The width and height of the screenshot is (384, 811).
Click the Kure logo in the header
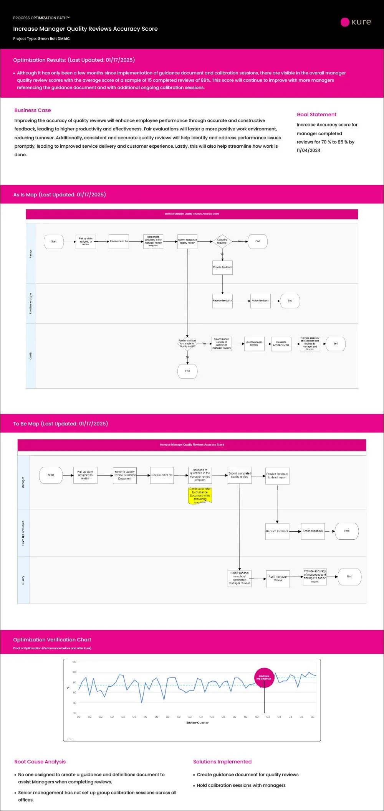tap(356, 22)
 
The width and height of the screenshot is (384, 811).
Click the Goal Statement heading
tap(316, 114)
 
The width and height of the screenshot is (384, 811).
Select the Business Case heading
tap(33, 110)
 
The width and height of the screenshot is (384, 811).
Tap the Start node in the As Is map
tap(54, 242)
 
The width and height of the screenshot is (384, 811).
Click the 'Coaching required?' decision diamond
tap(222, 241)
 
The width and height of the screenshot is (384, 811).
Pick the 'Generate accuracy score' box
tap(281, 344)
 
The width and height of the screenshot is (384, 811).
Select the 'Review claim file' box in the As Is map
tap(119, 242)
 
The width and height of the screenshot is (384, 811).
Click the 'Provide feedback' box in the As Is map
tap(222, 267)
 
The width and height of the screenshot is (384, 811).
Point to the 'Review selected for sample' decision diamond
tap(187, 343)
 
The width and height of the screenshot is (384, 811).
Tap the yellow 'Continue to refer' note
tap(200, 495)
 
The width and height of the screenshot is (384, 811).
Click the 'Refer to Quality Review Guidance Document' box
tap(125, 475)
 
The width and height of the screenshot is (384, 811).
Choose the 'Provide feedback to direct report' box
tap(277, 476)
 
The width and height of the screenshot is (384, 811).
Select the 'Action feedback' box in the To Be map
tap(313, 531)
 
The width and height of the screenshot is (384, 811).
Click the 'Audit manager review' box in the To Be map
tap(278, 579)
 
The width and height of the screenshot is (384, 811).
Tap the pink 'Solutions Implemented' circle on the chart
tap(264, 677)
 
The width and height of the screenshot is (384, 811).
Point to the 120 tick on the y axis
tap(74, 662)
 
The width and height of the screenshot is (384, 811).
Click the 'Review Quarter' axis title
tap(197, 723)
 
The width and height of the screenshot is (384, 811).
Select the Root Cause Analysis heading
tap(40, 762)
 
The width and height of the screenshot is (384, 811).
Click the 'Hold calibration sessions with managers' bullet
tap(241, 785)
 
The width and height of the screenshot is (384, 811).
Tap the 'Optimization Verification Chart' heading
tap(52, 640)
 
